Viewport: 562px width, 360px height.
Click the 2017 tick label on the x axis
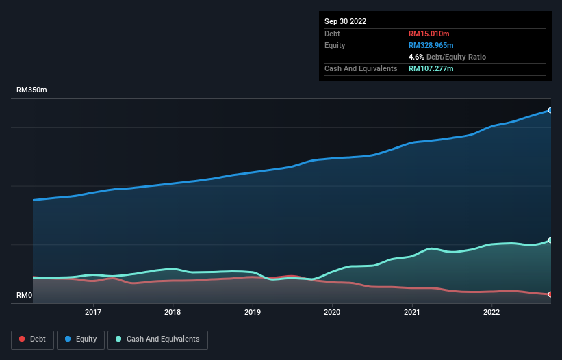point(93,312)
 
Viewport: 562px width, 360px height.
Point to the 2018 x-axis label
point(173,312)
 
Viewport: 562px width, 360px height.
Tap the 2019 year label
point(253,312)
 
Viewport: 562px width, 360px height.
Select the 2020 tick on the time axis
point(332,312)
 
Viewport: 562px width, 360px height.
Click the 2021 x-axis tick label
point(412,312)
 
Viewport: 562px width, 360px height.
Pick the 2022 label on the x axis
point(491,312)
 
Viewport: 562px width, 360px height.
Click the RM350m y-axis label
point(31,90)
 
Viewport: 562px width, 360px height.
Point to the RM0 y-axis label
point(25,296)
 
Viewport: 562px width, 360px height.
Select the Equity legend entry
point(81,339)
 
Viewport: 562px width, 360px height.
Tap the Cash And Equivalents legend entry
point(157,339)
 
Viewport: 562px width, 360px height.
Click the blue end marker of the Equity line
point(550,110)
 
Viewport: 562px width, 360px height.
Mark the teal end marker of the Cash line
point(550,240)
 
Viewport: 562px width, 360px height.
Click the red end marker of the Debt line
point(550,294)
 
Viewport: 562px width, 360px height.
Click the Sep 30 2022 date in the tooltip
point(346,21)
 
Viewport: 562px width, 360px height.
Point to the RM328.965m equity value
point(435,45)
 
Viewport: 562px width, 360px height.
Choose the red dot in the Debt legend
point(23,339)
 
